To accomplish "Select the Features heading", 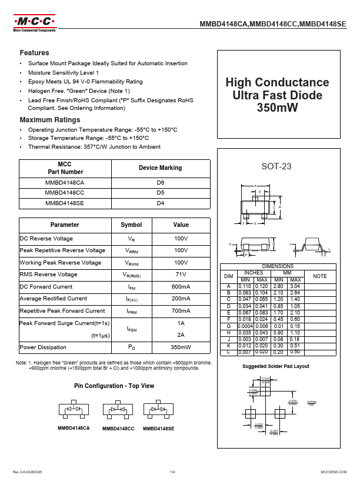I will (34, 52).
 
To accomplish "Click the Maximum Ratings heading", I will (49, 120).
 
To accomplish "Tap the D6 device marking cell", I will (160, 183).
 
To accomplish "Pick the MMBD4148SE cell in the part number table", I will (65, 203).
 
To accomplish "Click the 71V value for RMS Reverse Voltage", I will (181, 275).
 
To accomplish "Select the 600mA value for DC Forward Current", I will (181, 287).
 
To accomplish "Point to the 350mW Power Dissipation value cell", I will (181, 347).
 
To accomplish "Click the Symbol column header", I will (131, 225).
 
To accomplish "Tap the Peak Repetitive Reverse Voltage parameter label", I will (62, 250).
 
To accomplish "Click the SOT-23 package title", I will (276, 166).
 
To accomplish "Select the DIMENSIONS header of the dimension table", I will (278, 266).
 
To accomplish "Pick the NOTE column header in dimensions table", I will (319, 276).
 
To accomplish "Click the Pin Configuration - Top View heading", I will (114, 386).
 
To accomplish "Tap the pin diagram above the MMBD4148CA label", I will (74, 409).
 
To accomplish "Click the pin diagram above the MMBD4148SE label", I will (158, 409).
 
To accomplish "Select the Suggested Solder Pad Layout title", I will (276, 366).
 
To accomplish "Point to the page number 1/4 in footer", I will (173, 472).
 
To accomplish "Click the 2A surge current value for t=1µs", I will (181, 335).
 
